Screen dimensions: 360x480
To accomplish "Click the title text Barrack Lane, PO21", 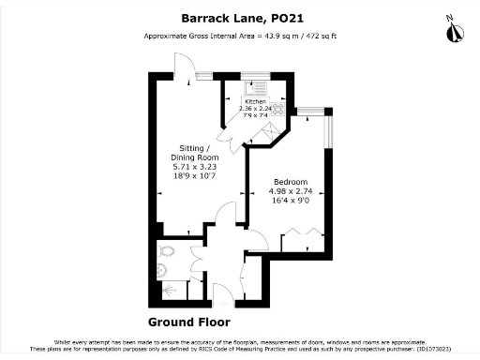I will click(x=239, y=16).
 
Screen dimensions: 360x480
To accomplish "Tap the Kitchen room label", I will click(x=255, y=100).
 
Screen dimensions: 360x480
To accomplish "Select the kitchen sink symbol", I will click(x=255, y=88).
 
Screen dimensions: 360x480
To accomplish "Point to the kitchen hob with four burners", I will click(x=278, y=106).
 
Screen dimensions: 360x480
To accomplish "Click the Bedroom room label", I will click(x=290, y=181).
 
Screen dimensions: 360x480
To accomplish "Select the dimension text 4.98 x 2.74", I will click(x=290, y=190).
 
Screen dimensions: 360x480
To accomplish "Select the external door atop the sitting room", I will click(x=184, y=71).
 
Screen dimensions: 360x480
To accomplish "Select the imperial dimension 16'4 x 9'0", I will click(x=290, y=200).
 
